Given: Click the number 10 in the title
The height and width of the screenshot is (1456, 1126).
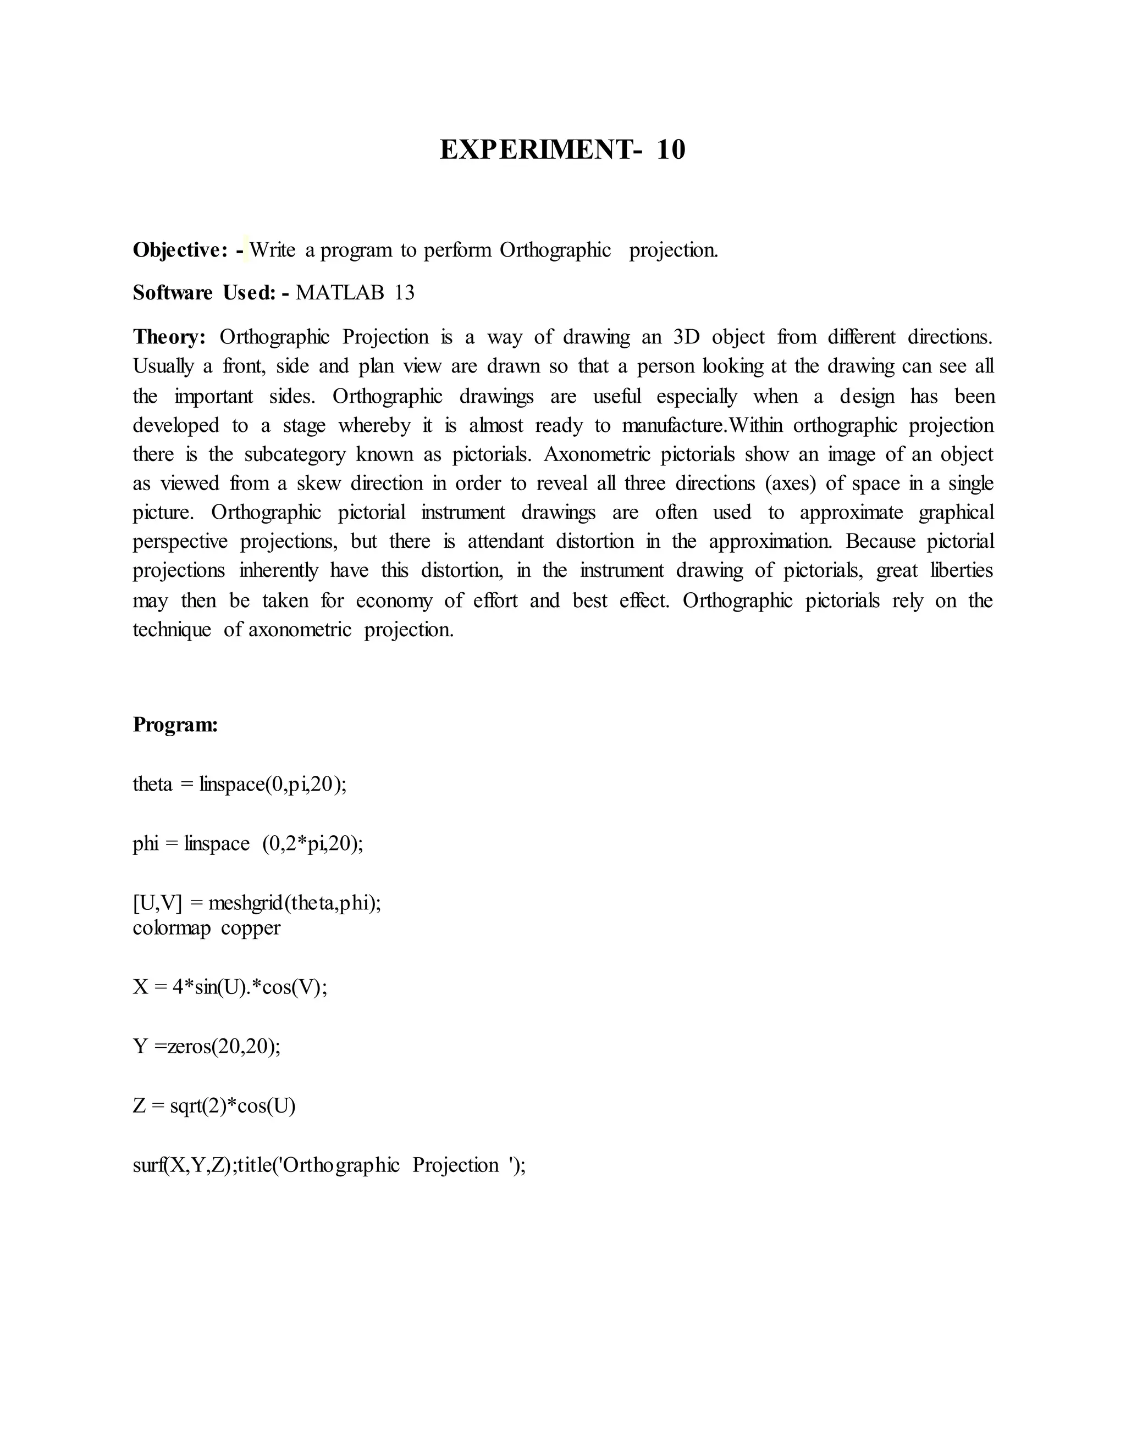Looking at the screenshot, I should (x=670, y=150).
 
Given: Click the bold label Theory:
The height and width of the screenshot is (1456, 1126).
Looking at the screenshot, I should (x=169, y=337).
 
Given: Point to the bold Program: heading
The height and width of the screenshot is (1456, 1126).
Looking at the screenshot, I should (x=175, y=725).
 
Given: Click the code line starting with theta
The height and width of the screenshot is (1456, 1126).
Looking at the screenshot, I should (x=240, y=784).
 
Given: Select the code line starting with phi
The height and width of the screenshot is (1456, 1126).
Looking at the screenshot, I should (x=247, y=843).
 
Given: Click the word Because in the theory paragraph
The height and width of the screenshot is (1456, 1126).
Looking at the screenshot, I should (x=879, y=541).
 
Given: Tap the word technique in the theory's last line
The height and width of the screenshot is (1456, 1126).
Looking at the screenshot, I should (x=172, y=630).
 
